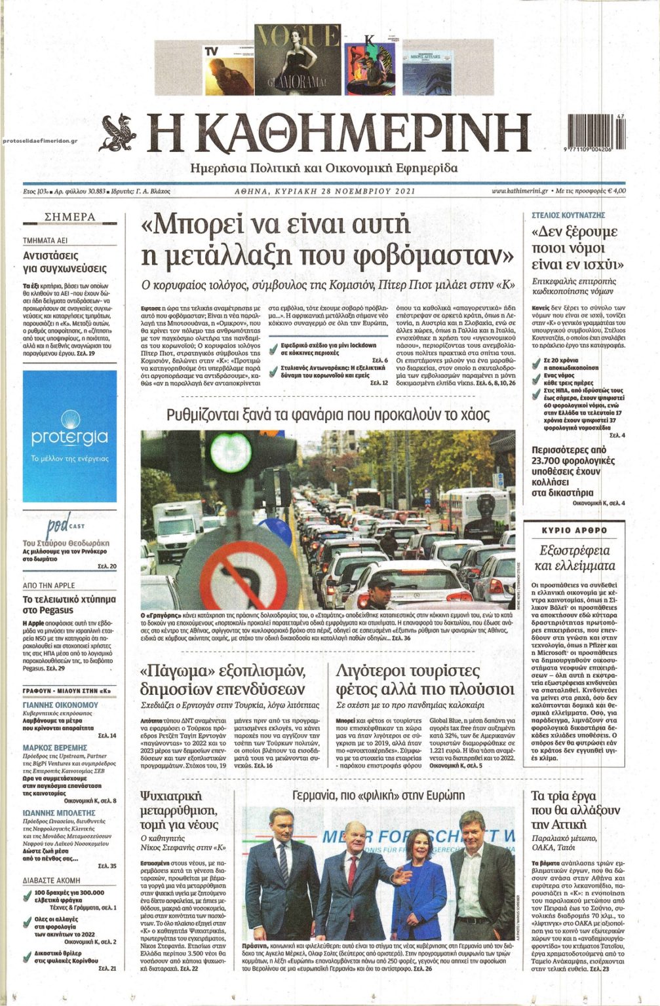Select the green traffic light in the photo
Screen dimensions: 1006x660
[x=231, y=448]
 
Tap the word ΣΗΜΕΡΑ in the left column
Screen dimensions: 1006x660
[x=69, y=217]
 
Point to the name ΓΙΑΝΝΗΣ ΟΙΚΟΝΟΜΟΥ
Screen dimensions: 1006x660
[x=60, y=705]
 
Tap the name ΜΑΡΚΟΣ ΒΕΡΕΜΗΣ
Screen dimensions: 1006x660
[x=55, y=747]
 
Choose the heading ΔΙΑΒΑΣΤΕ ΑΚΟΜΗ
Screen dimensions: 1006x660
[x=52, y=881]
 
